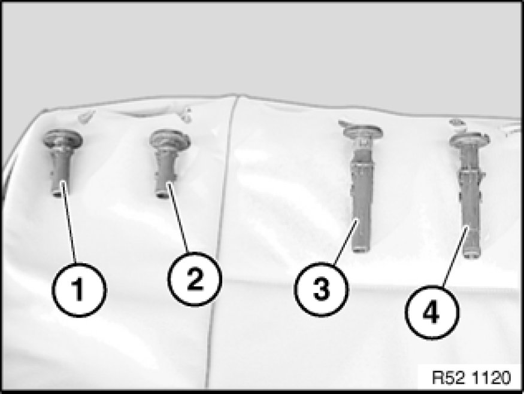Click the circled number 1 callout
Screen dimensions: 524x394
79,289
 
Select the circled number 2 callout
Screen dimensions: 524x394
195,279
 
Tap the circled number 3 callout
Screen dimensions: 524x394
321,289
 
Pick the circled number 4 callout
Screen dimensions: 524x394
432,312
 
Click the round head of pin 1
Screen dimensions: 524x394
62,139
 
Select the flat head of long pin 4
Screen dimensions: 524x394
470,139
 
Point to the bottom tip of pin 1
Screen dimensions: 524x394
57,194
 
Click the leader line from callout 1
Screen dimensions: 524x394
68,222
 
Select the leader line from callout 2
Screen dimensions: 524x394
177,217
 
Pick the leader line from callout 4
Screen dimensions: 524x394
455,256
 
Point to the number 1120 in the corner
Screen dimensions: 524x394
492,378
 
